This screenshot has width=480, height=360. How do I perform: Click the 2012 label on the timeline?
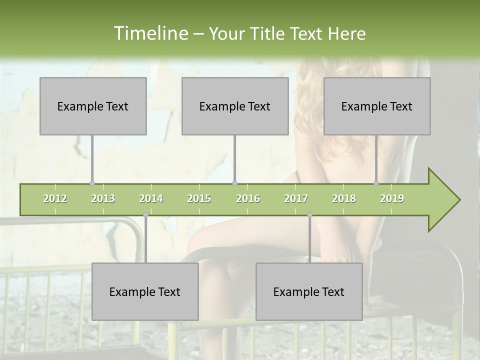pyautogui.click(x=55, y=198)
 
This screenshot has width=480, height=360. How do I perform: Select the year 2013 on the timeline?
pyautogui.click(x=103, y=198)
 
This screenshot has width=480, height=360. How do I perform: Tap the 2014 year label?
pyautogui.click(x=151, y=198)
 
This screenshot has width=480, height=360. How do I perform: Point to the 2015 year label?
pyautogui.click(x=199, y=198)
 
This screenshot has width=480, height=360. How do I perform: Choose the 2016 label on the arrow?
pyautogui.click(x=248, y=198)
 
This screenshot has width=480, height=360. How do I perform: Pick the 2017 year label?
pyautogui.click(x=296, y=198)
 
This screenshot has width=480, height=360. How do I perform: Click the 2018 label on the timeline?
pyautogui.click(x=344, y=198)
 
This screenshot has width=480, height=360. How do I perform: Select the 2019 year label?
pyautogui.click(x=392, y=198)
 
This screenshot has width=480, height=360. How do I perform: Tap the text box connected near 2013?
pyautogui.click(x=93, y=106)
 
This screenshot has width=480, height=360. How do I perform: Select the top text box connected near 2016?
pyautogui.click(x=235, y=106)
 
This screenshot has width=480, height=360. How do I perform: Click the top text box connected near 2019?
pyautogui.click(x=377, y=106)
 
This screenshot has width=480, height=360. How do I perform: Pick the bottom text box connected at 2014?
pyautogui.click(x=145, y=291)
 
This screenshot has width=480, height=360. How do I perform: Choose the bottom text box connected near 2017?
pyautogui.click(x=309, y=291)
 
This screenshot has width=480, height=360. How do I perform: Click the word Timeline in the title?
pyautogui.click(x=149, y=33)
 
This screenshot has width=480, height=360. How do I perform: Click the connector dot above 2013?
pyautogui.click(x=92, y=183)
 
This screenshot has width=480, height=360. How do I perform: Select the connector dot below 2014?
pyautogui.click(x=145, y=215)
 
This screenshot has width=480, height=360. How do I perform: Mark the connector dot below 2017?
pyautogui.click(x=309, y=215)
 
